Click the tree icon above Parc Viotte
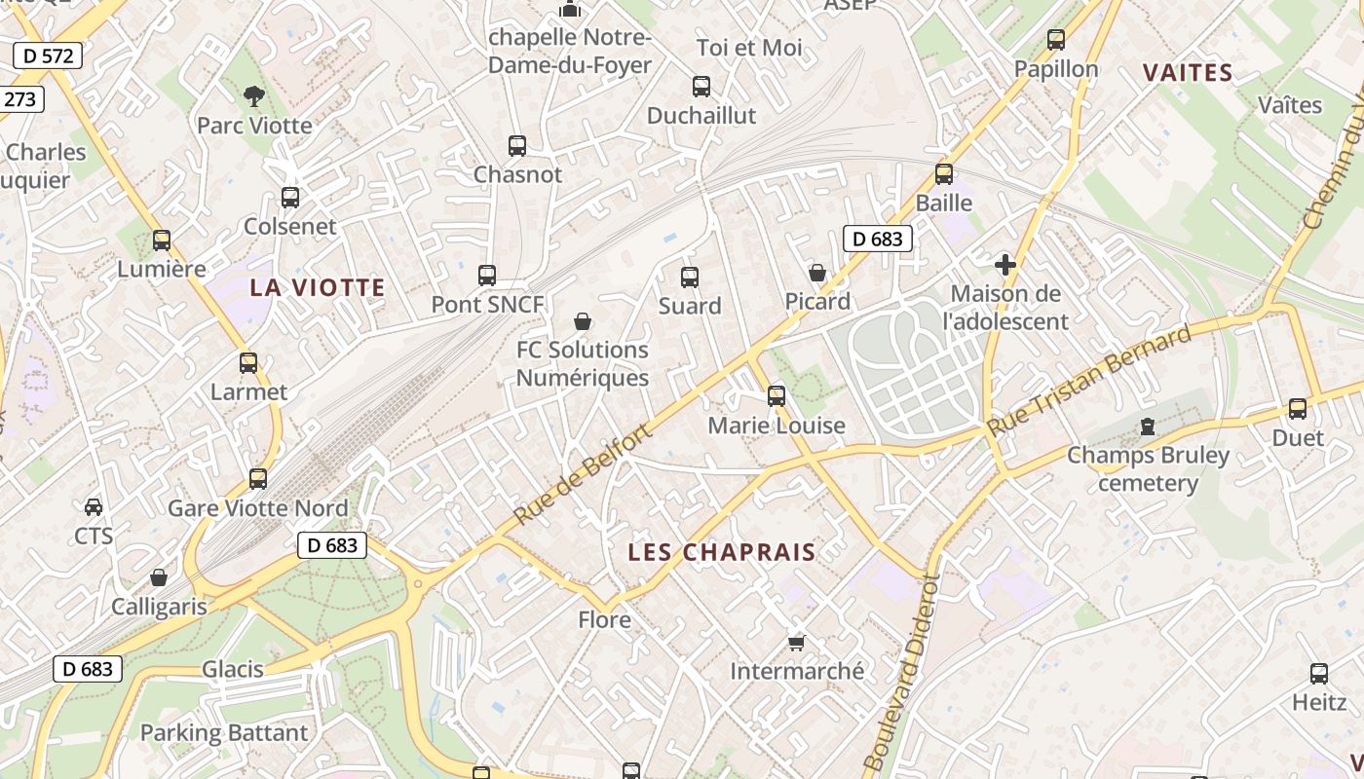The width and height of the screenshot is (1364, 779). pos(254,95)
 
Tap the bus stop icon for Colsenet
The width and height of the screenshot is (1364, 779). pos(290,197)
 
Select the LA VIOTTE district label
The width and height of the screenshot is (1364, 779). pos(318,287)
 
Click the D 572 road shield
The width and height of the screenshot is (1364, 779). pos(48,56)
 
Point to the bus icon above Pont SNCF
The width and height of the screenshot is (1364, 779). pos(487,276)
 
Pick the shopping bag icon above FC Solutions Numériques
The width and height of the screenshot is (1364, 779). pos(583,320)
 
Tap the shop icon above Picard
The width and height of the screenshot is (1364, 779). pos(817,273)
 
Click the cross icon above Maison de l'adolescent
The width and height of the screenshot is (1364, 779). pos(1004,264)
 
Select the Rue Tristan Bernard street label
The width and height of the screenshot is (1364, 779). pos(1089,381)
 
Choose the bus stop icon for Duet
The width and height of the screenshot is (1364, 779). pos(1298,409)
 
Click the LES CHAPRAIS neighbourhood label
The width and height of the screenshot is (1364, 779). pos(722,552)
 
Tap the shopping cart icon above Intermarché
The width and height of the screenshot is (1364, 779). pos(796,642)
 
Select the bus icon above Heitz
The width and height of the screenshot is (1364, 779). pos(1318,673)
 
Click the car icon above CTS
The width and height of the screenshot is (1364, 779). pos(94,506)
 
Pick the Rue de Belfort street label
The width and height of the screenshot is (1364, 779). pos(582,475)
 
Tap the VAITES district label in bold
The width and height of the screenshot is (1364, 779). pos(1188,73)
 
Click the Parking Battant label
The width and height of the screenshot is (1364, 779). pos(224,732)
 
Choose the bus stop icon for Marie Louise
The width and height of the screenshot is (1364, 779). pos(777,395)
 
